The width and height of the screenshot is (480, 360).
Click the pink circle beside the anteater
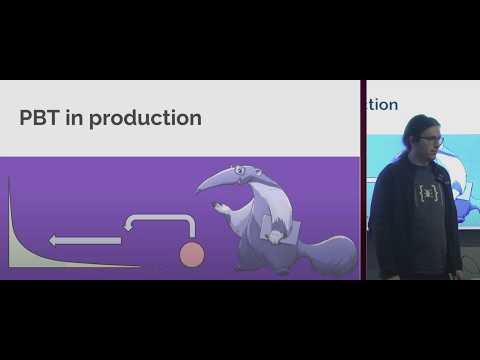(x=191, y=255)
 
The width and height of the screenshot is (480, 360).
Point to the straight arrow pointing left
(x=85, y=240)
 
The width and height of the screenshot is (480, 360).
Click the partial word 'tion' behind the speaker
(x=384, y=104)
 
